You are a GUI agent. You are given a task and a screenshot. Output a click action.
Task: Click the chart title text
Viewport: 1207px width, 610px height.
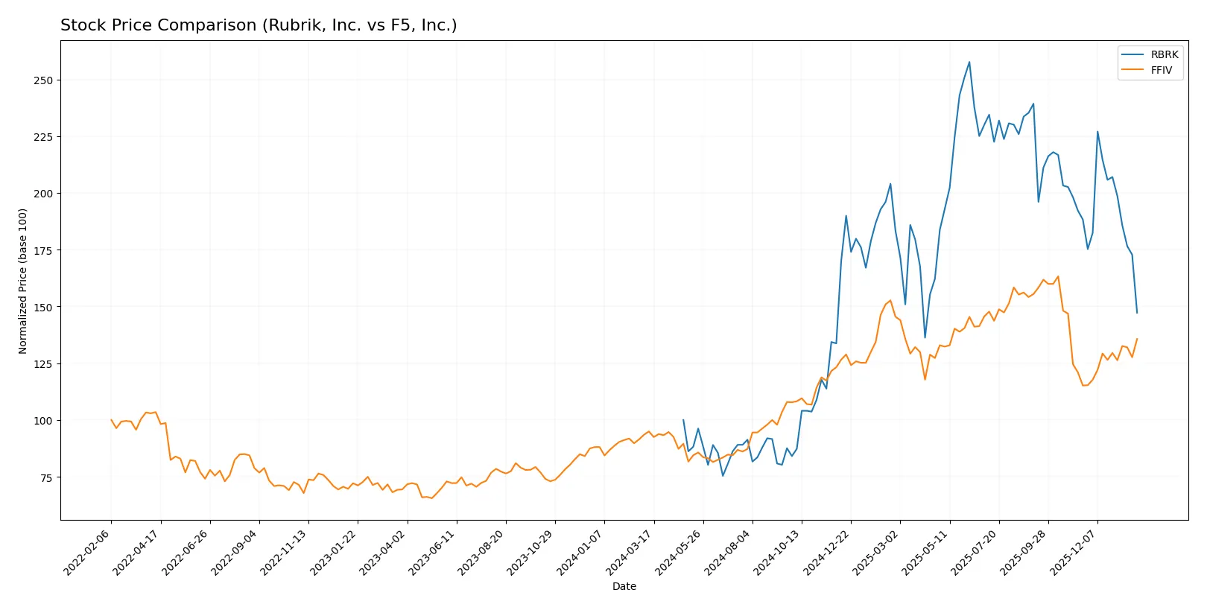259,25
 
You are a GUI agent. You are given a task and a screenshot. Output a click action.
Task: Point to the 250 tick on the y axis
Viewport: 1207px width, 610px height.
43,80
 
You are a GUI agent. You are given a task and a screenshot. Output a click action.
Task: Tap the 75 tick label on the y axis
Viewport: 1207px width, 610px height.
46,477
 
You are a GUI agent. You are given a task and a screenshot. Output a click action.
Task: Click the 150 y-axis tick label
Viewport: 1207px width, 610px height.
43,307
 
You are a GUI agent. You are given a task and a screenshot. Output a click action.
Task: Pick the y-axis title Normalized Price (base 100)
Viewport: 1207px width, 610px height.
23,281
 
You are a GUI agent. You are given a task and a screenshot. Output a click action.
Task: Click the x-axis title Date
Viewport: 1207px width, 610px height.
624,586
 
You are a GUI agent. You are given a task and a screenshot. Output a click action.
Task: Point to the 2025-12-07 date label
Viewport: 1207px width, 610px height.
1074,553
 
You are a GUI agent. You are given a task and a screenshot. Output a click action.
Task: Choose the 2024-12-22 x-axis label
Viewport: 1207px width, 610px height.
827,553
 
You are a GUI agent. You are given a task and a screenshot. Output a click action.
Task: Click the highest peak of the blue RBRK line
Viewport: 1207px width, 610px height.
969,62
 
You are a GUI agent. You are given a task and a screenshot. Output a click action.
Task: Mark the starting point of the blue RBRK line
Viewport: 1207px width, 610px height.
683,420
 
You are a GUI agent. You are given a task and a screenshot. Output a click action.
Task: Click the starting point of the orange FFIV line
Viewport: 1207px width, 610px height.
111,420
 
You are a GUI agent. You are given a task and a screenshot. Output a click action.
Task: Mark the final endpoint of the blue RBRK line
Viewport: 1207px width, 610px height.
1137,313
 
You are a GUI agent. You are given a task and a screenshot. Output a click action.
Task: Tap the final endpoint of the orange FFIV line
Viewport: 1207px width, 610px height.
1137,339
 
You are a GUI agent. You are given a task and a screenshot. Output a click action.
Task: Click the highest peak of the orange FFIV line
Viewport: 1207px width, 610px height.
1058,276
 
